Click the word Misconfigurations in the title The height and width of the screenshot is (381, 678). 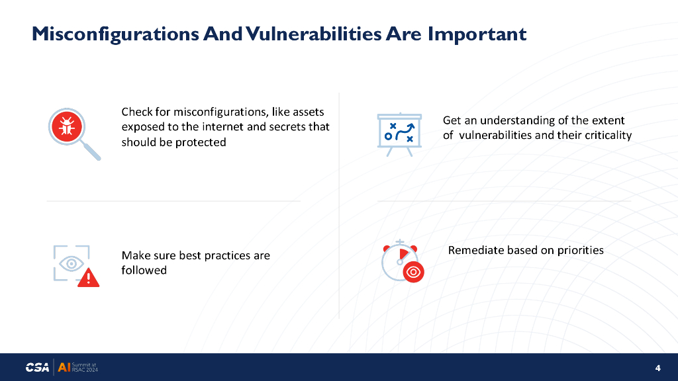click(x=115, y=34)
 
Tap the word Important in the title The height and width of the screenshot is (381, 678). click(x=477, y=34)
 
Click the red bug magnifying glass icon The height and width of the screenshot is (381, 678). click(x=74, y=134)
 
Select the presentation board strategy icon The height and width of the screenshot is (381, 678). click(x=399, y=134)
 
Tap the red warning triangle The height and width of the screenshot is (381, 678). click(x=89, y=277)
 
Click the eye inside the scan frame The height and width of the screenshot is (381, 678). click(x=72, y=263)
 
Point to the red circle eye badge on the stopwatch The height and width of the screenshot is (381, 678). click(x=413, y=272)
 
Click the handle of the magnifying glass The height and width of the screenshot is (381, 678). click(x=91, y=151)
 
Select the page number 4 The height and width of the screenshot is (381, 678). click(x=657, y=368)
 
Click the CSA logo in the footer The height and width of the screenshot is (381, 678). click(x=37, y=368)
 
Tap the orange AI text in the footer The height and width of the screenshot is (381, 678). click(x=64, y=367)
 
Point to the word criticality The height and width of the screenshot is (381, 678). click(x=608, y=135)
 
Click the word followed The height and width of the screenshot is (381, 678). click(x=144, y=270)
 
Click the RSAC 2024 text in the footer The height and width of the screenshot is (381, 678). click(x=85, y=370)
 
